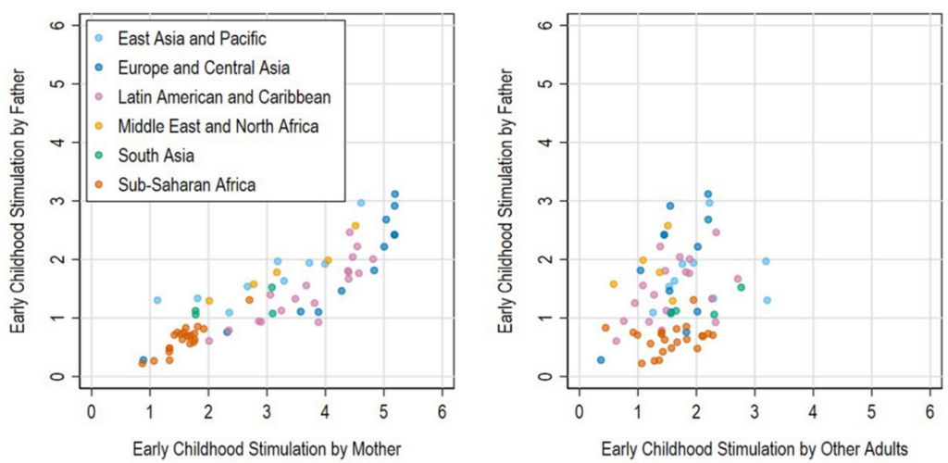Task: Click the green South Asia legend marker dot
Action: [x=99, y=154]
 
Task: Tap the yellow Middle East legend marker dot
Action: [x=99, y=125]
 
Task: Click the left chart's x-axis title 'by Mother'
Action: [x=267, y=448]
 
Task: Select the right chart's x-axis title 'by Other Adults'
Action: [x=754, y=448]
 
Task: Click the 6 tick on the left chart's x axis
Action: [x=443, y=407]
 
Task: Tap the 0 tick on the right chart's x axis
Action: [x=580, y=407]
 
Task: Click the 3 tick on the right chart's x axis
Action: [x=755, y=407]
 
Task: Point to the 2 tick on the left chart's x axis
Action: [x=208, y=407]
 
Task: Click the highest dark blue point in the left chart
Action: [x=394, y=194]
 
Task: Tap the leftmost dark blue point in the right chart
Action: [x=600, y=359]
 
